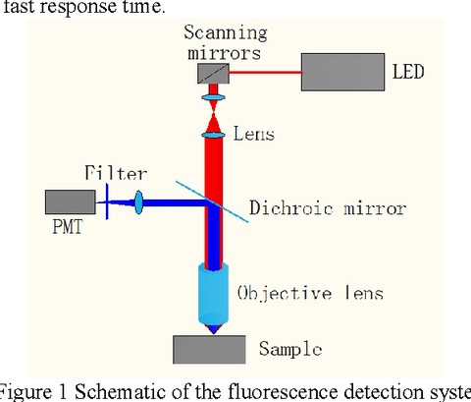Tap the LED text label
tap(407, 72)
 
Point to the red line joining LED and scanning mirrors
tap(266, 71)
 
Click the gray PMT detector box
tap(66, 203)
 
